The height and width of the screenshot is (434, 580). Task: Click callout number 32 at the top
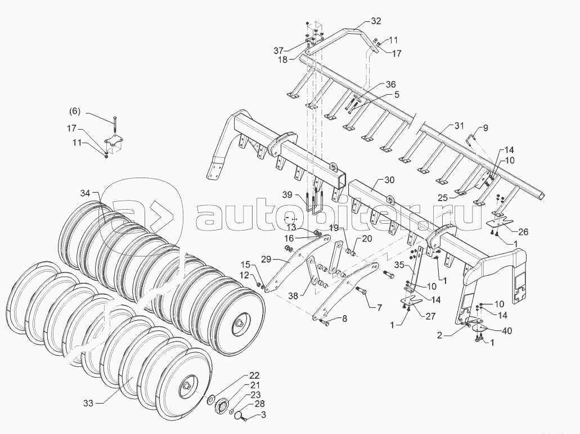376,21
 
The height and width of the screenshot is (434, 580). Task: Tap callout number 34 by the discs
85,193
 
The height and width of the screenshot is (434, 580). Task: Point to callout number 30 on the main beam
390,180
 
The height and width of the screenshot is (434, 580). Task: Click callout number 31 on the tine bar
460,125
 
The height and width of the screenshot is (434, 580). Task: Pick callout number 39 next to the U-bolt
287,195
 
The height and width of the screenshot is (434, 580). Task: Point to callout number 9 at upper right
485,128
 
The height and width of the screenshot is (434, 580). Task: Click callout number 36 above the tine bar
390,85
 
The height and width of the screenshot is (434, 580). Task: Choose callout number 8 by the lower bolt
344,319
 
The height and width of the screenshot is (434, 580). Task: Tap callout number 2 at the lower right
441,334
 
